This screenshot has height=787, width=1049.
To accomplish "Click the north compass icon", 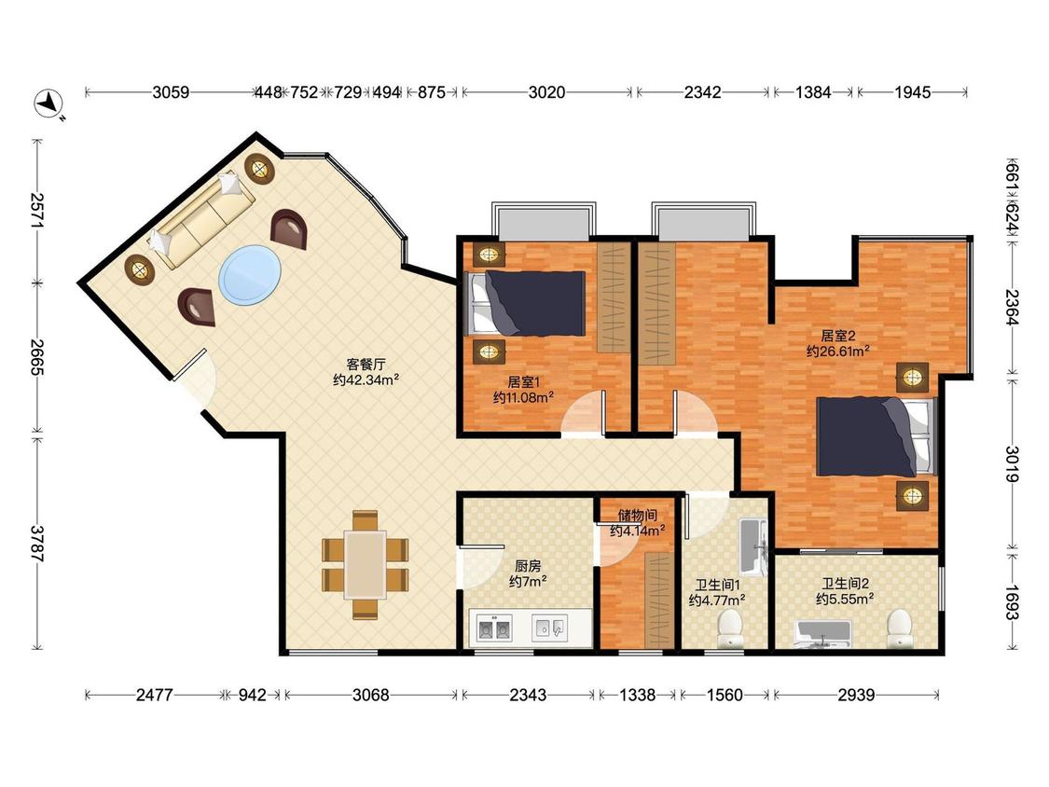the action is coord(48,104).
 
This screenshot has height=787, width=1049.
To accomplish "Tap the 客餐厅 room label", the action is coord(366,365).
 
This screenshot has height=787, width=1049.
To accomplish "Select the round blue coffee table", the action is coord(250,274).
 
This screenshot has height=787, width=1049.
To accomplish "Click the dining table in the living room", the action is coord(366,565).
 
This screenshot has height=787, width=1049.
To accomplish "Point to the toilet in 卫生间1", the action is coord(730,628).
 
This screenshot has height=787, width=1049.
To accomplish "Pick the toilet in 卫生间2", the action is coord(900,628).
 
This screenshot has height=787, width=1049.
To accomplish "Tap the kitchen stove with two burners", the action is coord(495,628).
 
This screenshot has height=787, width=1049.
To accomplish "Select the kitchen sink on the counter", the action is coord(549,628).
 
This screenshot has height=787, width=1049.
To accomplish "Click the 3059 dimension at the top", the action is coord(171,92).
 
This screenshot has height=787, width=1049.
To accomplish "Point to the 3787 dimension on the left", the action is coord(37,544).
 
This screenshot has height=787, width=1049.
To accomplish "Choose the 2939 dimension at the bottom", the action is coord(856,696).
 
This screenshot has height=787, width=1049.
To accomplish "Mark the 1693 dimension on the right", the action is coord(1013,602).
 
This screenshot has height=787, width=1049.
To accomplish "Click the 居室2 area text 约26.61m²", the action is coord(838,352).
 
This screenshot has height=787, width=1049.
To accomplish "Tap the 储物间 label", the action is coord(637,516).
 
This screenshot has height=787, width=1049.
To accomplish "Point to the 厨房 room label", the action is coord(528,566).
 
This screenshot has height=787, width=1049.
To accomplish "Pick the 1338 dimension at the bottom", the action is coord(637,696).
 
